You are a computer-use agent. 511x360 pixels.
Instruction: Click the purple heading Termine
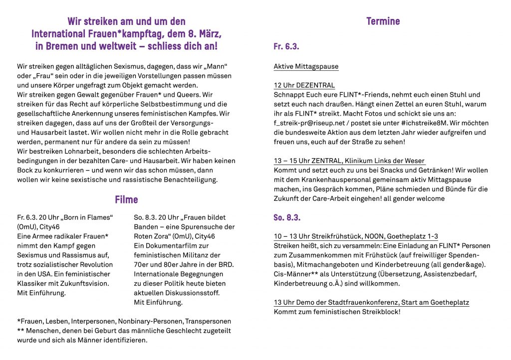[383, 21]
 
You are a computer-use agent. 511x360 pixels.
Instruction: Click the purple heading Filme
[126, 199]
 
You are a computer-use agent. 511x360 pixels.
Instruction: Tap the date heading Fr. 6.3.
[286, 47]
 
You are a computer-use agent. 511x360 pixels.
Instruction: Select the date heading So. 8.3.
[287, 217]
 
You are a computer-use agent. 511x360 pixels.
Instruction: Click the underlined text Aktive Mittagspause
[306, 66]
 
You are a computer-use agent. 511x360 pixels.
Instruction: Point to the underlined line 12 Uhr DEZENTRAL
[304, 85]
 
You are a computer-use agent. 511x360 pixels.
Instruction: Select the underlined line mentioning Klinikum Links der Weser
[349, 161]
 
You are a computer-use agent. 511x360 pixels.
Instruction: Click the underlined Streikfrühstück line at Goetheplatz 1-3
[356, 236]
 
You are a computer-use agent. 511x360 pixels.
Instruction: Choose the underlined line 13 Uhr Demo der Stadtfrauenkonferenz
[371, 303]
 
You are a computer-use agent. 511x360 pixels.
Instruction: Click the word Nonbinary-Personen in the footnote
[154, 322]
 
